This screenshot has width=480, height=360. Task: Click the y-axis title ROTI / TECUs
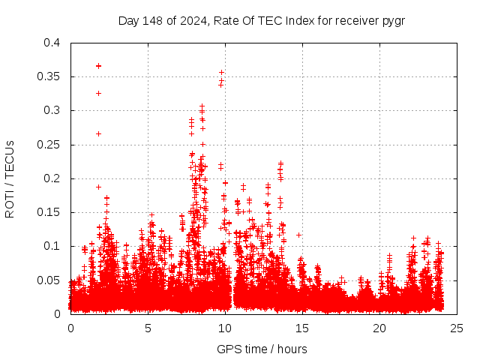click(x=10, y=178)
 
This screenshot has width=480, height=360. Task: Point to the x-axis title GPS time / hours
click(x=262, y=349)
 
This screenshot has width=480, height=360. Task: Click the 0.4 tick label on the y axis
click(x=52, y=43)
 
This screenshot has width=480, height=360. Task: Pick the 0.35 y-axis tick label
click(x=49, y=76)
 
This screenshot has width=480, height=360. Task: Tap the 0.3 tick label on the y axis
click(x=52, y=110)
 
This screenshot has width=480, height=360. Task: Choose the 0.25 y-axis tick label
click(x=49, y=145)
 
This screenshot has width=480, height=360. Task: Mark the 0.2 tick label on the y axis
click(x=52, y=178)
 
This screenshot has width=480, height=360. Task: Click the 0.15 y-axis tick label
click(x=49, y=212)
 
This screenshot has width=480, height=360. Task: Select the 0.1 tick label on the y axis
click(x=52, y=246)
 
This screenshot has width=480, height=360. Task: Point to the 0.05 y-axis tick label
click(x=49, y=280)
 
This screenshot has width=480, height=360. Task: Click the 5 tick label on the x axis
click(x=148, y=328)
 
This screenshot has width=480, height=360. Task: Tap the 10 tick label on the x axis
click(x=225, y=328)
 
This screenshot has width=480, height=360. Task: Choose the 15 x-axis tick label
click(x=302, y=328)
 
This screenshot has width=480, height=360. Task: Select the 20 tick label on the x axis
click(x=379, y=328)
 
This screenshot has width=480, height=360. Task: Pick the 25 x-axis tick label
click(x=457, y=328)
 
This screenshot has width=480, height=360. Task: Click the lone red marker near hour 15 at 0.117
click(x=298, y=235)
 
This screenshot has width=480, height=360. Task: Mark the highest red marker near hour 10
click(x=221, y=73)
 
